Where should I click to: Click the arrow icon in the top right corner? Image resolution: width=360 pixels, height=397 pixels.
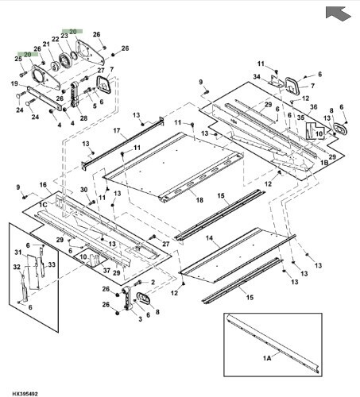(336, 13)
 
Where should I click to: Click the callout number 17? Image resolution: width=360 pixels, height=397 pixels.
(116, 130)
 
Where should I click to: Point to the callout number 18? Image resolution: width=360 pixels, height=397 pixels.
(199, 200)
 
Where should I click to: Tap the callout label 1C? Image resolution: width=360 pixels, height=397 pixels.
(45, 204)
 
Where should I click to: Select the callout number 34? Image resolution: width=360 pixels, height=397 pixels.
(257, 77)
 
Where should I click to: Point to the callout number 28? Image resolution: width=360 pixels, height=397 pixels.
(83, 118)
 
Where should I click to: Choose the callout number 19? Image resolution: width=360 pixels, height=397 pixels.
(14, 83)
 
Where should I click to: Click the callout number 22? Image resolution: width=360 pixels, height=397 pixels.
(56, 39)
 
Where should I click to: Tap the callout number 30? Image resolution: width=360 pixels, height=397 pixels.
(83, 189)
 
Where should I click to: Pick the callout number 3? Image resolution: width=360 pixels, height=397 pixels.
(141, 319)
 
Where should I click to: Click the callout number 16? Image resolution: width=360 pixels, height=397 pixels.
(44, 184)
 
